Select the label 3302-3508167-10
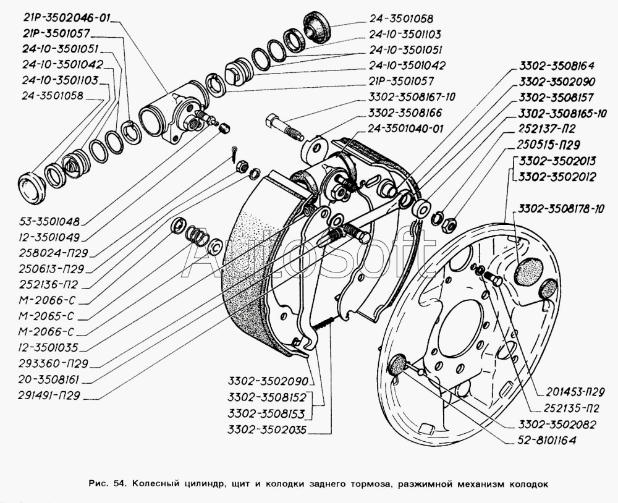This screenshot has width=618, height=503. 412,97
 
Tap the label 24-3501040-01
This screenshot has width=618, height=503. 405,129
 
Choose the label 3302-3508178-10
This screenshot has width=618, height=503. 561,209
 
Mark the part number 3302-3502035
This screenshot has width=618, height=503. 266,429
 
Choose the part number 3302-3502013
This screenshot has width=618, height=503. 557,161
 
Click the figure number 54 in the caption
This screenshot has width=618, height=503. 112,484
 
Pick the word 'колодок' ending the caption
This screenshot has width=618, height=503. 528,484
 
